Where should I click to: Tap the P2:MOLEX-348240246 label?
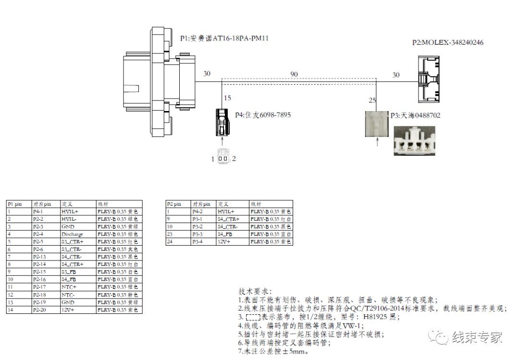[448, 43]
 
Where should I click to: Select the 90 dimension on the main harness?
[294, 74]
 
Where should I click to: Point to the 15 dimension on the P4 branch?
[227, 98]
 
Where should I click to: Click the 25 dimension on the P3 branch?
[372, 100]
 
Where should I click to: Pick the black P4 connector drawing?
[222, 122]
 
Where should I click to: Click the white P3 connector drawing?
[377, 124]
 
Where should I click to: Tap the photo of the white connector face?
[414, 140]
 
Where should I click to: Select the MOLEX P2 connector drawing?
[429, 79]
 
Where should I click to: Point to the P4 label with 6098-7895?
[262, 115]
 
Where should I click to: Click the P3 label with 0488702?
[415, 116]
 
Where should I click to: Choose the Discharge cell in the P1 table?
[72, 234]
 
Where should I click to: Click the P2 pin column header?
[174, 204]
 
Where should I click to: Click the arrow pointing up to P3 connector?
[377, 142]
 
